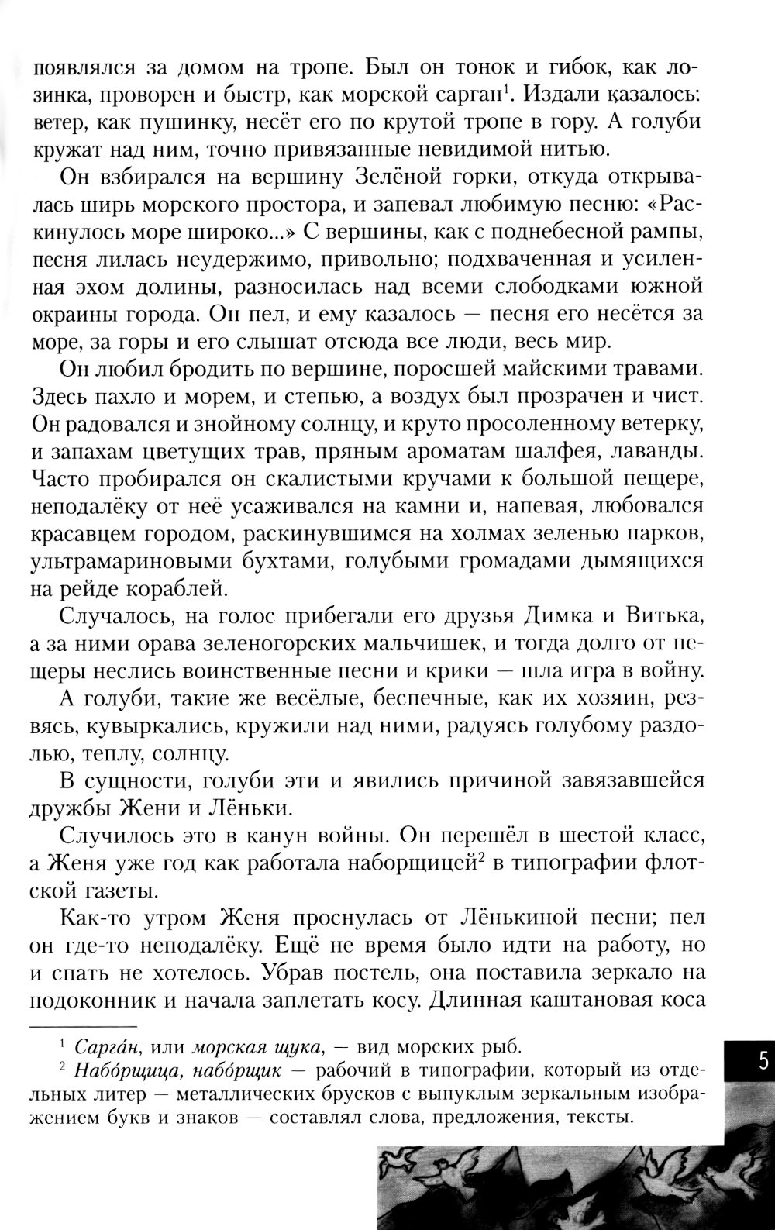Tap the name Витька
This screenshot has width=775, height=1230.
(x=662, y=618)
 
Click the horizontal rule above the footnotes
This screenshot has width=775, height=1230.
(x=83, y=1025)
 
